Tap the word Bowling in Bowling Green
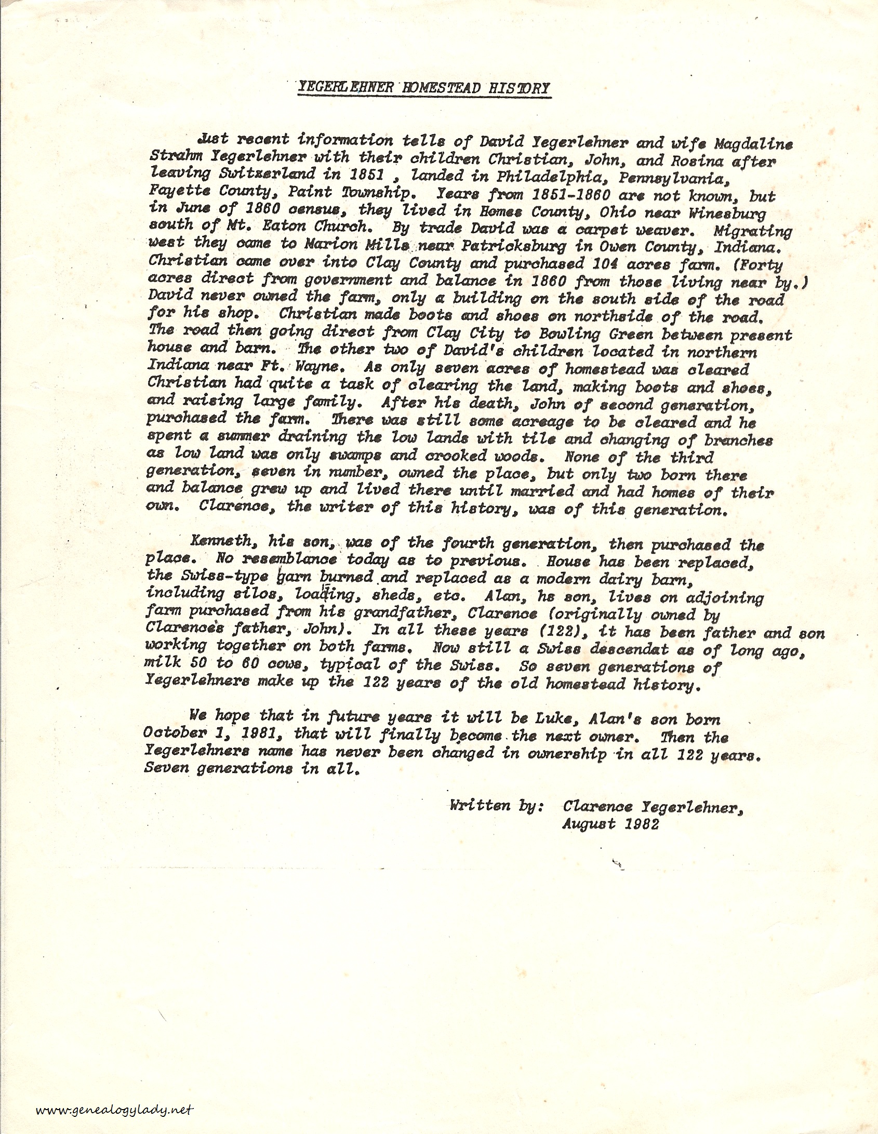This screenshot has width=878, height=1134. pos(568,333)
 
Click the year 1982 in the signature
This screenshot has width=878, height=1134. pos(641,824)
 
